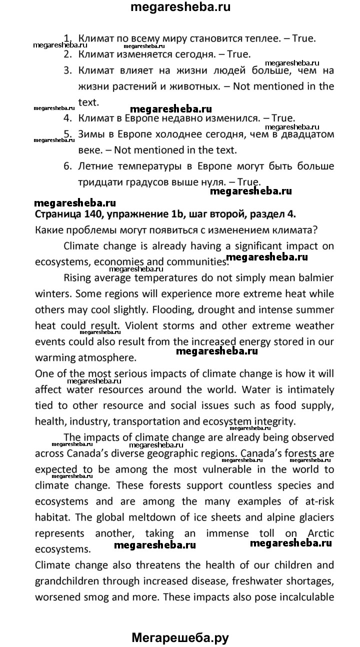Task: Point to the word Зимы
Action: [x=91, y=134]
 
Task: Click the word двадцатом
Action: [x=308, y=134]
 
